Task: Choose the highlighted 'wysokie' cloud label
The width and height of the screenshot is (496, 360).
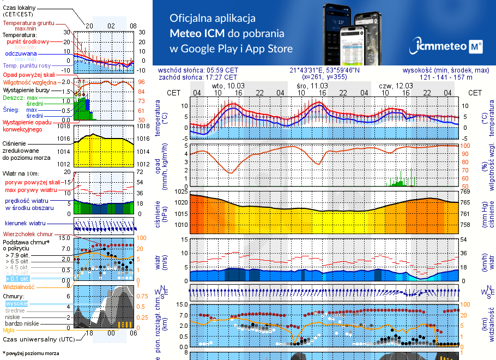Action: coord(17,303)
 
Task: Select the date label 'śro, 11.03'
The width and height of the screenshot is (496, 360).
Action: coord(312,86)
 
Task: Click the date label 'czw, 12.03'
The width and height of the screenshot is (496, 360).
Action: coord(396,86)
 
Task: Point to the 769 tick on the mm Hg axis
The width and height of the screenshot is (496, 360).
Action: coord(464,191)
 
